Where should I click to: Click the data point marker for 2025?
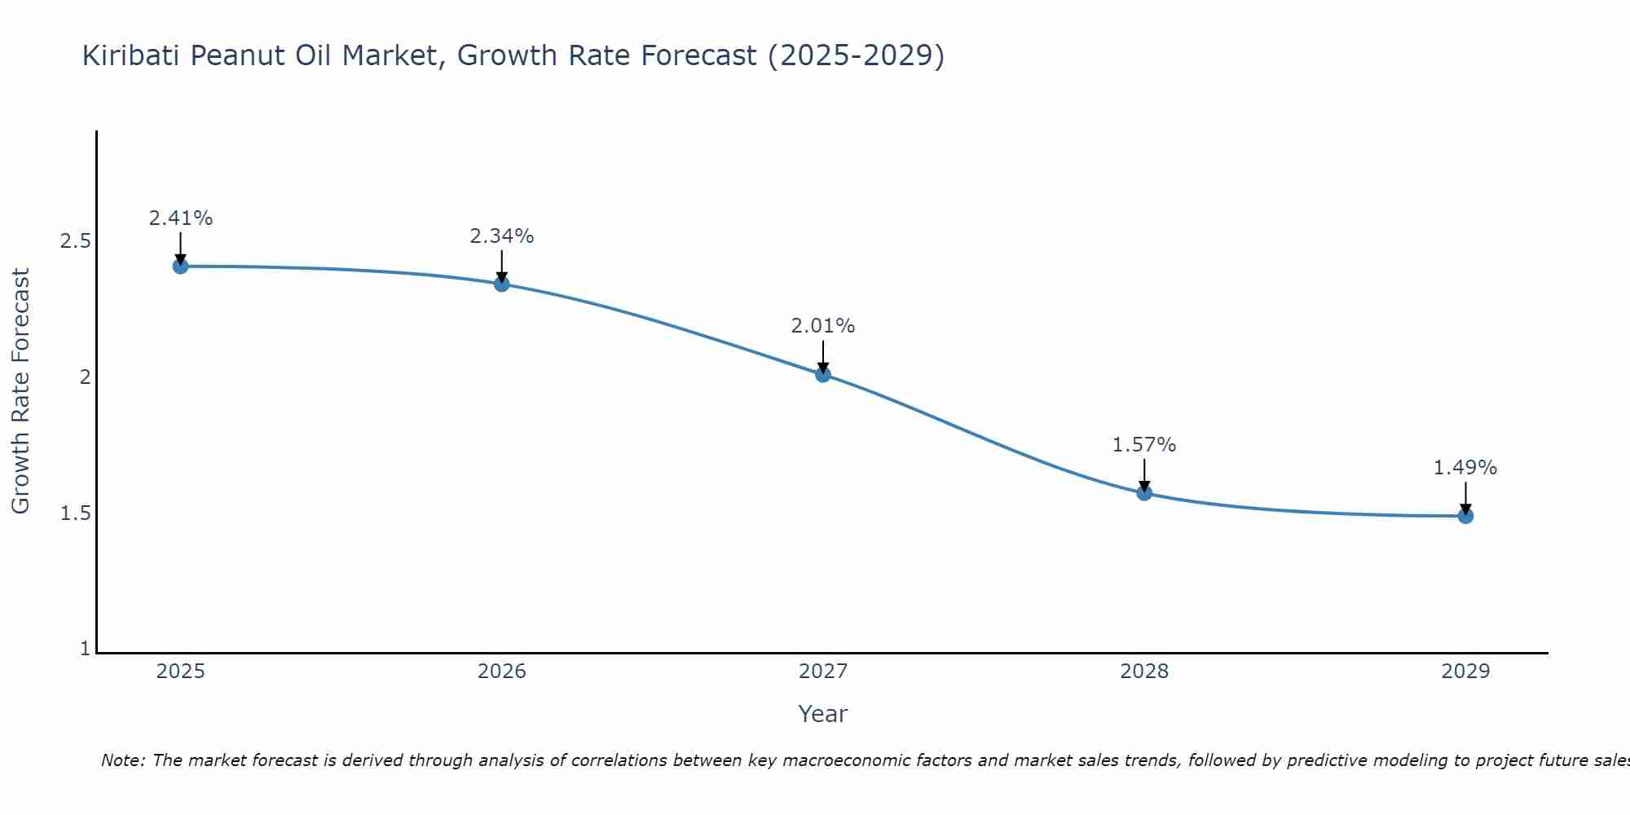click(180, 267)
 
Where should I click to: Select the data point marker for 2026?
click(502, 284)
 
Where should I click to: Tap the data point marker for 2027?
click(823, 375)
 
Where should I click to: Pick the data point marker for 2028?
click(1144, 493)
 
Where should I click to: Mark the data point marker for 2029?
click(1465, 516)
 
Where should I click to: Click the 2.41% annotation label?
click(180, 218)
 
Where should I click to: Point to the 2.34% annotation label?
click(502, 236)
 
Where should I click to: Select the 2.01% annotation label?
click(823, 326)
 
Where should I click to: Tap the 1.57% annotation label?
click(1144, 445)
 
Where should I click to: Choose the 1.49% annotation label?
click(1465, 468)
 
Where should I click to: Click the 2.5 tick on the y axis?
click(75, 241)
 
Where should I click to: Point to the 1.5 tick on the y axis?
click(75, 513)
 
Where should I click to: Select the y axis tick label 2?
click(85, 377)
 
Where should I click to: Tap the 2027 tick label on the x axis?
click(823, 672)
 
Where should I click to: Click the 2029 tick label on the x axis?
click(1465, 672)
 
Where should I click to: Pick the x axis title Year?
click(823, 714)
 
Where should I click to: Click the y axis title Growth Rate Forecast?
click(20, 391)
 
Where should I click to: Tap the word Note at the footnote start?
click(122, 760)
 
